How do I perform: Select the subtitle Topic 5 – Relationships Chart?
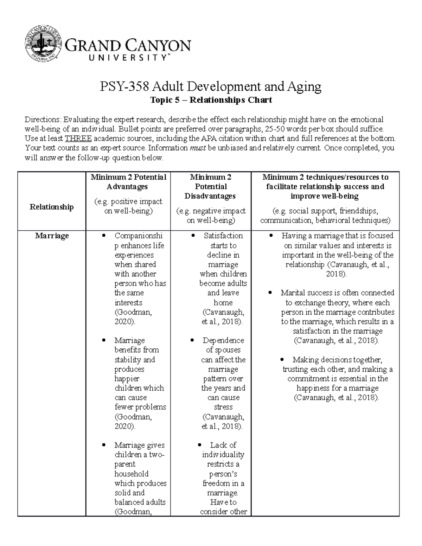click(211, 100)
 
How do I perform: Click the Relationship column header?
click(52, 207)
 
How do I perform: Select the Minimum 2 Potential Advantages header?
click(128, 182)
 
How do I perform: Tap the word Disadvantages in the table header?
click(210, 196)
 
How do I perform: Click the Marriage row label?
click(52, 236)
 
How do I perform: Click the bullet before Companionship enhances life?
click(103, 236)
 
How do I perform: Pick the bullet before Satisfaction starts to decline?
click(193, 236)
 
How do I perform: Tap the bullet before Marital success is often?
click(270, 293)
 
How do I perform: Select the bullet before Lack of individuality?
click(200, 445)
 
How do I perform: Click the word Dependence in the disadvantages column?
click(223, 340)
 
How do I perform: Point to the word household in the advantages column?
click(132, 474)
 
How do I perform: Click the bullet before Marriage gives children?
click(103, 445)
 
